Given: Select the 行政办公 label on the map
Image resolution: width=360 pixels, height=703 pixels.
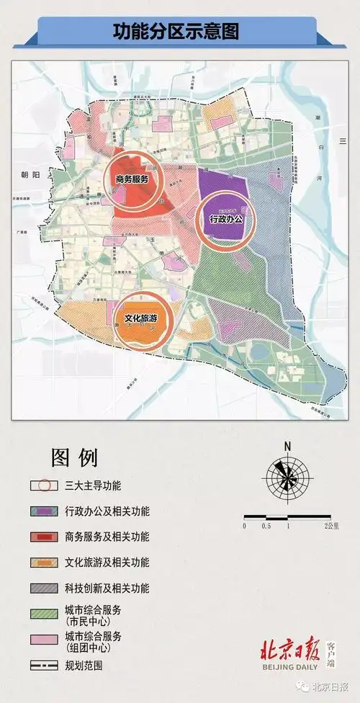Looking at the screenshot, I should point(227,218).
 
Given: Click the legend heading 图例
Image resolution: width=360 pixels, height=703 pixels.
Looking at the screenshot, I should point(74,457).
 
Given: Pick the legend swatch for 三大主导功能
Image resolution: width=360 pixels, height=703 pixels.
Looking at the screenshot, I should point(45,485).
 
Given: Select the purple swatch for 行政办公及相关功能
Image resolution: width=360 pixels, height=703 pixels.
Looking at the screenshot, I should point(45,511).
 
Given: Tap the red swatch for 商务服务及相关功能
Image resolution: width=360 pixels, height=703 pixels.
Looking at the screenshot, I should point(45,537).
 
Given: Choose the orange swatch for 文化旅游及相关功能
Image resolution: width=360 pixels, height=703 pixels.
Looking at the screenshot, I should point(45,563).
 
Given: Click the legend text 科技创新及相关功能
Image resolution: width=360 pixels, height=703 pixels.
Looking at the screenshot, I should point(107,588).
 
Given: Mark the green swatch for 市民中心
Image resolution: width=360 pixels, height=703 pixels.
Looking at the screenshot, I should point(45,614).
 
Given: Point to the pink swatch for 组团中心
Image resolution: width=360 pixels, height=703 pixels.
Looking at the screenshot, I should point(45,640).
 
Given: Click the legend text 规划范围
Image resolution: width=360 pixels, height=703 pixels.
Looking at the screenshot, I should point(84,666).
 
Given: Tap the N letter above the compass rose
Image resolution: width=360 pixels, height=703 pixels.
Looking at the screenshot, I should point(287,446).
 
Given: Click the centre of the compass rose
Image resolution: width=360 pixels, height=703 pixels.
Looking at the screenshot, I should point(287,476).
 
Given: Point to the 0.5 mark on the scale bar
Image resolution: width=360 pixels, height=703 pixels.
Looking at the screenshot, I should point(266,527).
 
